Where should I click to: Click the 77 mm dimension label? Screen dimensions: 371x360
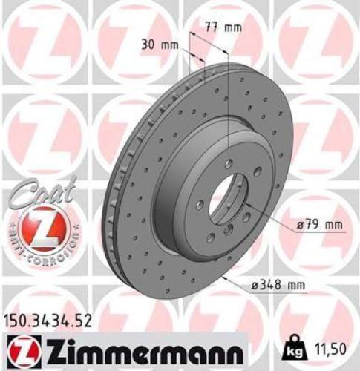(223, 27)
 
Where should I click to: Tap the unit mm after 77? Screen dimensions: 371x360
(233, 27)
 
